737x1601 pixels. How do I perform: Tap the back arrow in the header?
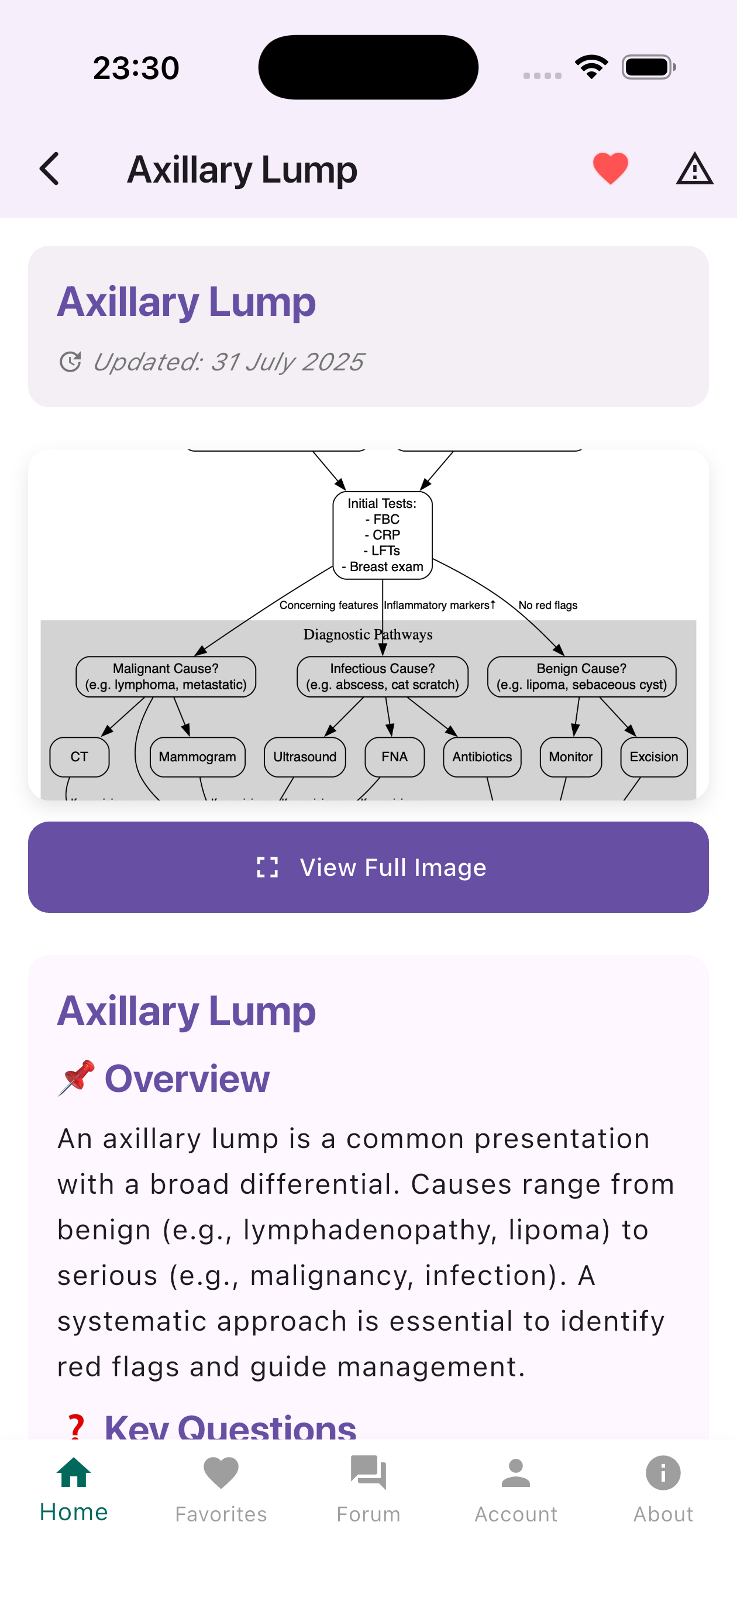coord(50,169)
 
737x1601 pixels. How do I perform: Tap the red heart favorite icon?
coord(610,169)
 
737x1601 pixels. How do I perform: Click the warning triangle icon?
coord(694,169)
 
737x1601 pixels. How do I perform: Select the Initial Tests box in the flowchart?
coord(382,535)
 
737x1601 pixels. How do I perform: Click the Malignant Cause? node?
coord(166,676)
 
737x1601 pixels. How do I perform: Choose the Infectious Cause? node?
coord(382,676)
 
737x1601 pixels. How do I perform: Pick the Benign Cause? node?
coord(581,676)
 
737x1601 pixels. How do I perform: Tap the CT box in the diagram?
coord(80,757)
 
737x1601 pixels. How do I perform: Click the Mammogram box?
coord(197,757)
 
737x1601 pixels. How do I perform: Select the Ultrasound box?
coord(305,757)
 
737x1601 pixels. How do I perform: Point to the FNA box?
coord(395,757)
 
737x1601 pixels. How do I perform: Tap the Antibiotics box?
coord(481,757)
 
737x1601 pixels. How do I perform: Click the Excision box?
coord(653,757)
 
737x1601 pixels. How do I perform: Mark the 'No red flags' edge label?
coord(547,604)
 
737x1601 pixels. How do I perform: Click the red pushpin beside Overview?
coord(76,1077)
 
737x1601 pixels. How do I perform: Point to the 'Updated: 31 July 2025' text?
coord(228,361)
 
